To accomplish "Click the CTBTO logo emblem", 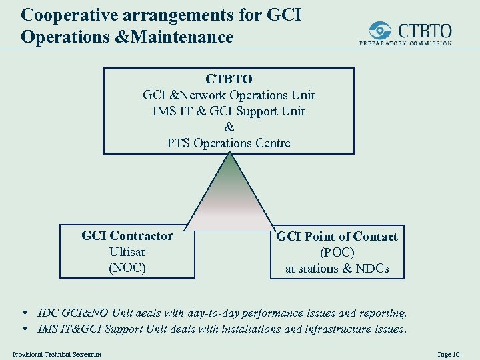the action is click(380, 31).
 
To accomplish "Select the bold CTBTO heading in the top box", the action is click(229, 79).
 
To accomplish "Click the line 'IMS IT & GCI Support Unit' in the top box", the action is click(229, 111).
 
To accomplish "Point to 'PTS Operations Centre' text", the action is click(229, 143).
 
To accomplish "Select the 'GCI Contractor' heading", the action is click(127, 236).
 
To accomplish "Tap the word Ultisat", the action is click(127, 252).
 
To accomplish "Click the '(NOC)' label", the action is click(127, 268).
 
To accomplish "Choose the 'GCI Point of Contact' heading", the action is click(337, 237).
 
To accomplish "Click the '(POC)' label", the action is click(337, 253).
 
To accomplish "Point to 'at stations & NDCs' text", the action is click(337, 269).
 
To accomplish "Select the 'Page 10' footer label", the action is click(449, 354).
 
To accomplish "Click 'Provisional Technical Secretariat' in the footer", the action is click(57, 354).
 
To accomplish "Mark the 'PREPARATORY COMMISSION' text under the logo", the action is click(406, 43).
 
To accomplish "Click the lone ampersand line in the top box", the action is click(229, 127).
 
